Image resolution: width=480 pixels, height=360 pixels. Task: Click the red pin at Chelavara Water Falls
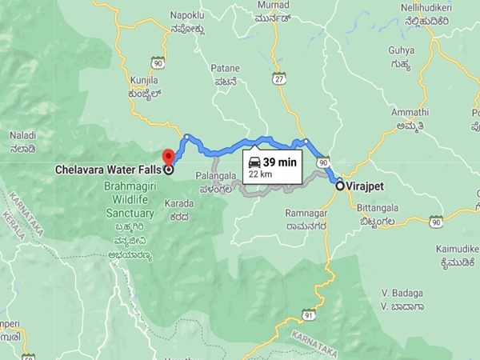tap(168, 156)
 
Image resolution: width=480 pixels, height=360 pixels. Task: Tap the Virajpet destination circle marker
tap(339, 186)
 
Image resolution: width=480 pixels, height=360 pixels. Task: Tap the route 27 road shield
tap(278, 78)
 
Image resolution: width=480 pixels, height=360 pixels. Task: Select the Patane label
tap(225, 68)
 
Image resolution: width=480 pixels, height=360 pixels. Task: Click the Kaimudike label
tap(458, 248)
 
